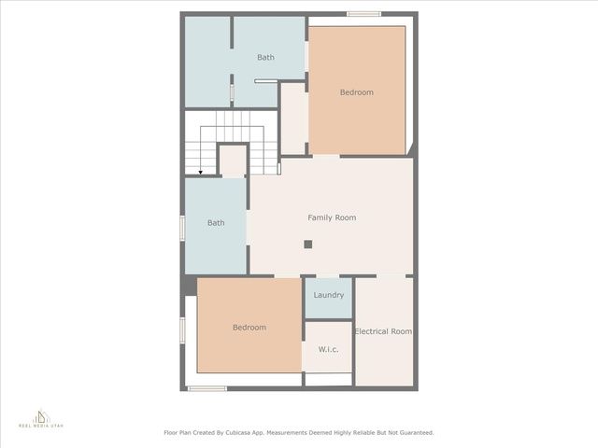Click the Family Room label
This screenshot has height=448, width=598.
click(x=332, y=217)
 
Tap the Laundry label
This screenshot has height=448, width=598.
click(x=329, y=295)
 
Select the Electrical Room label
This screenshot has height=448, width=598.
click(x=383, y=331)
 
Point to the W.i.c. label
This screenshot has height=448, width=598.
click(x=328, y=350)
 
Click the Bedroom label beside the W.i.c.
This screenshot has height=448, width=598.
click(x=249, y=328)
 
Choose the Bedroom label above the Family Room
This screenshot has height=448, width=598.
click(x=356, y=92)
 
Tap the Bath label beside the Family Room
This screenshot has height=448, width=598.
click(x=216, y=223)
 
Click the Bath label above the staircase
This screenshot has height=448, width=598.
click(x=266, y=58)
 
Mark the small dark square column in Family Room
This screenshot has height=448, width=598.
click(x=307, y=245)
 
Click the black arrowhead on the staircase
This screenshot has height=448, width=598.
click(x=201, y=173)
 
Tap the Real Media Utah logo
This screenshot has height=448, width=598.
click(x=41, y=418)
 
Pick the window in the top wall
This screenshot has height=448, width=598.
click(x=363, y=14)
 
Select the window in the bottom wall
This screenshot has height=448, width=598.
click(x=206, y=388)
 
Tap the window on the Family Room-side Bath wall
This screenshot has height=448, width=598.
click(x=182, y=228)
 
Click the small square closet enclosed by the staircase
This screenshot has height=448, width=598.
click(x=233, y=161)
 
